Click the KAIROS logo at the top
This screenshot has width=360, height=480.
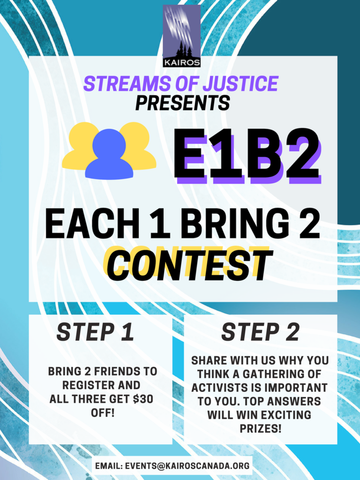click(x=181, y=36)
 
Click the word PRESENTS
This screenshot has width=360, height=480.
click(x=182, y=103)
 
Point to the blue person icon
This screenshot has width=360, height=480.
click(x=109, y=154)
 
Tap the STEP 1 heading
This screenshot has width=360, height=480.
click(x=95, y=332)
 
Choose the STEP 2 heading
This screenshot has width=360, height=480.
click(x=260, y=332)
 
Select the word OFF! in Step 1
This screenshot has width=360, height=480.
click(x=103, y=412)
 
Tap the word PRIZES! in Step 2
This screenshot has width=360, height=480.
click(x=260, y=428)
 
